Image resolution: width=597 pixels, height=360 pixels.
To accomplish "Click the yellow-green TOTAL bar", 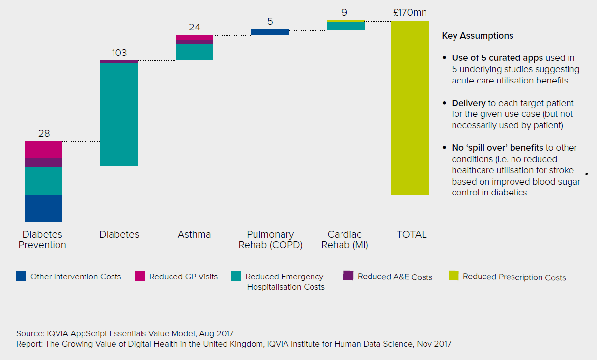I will coord(410,108).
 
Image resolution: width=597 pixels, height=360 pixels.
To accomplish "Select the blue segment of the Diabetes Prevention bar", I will coord(44,208).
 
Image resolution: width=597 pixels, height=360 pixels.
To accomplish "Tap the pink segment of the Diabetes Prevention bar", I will coord(44,149).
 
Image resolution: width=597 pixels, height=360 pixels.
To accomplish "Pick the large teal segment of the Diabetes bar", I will coord(119,115).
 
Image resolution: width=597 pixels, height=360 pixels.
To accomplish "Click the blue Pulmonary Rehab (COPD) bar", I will coord(270,32).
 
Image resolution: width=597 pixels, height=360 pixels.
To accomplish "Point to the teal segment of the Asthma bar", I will coord(195,52).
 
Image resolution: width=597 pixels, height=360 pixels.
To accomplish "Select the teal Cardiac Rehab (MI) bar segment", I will coord(345,26).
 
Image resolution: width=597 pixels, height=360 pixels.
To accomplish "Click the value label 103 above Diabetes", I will coord(119,53).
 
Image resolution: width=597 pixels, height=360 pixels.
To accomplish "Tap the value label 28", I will coord(44,134).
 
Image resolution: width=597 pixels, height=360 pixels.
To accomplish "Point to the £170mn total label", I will coord(410,12).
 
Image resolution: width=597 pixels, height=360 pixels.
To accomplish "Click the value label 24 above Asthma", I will coord(195,28).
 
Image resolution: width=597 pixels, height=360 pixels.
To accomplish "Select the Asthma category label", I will coord(195,234).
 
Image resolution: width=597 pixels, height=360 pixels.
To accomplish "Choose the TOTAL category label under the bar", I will coord(411,234).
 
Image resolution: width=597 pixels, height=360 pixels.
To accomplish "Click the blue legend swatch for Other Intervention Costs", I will coord(21,277).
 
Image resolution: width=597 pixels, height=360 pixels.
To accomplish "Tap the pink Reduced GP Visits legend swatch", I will coord(140,277).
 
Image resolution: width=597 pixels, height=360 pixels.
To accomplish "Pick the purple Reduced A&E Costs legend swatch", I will coord(348,276).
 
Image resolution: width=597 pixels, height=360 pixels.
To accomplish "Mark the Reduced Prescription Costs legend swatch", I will coord(454,276).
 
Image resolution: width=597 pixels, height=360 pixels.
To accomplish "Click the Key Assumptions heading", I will coord(478,36).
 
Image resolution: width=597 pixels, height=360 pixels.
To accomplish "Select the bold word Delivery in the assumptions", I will coord(469,103).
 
